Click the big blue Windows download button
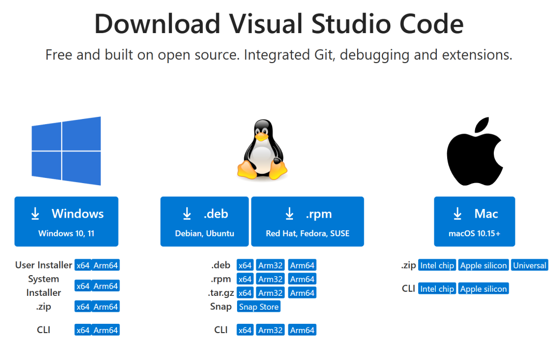pyautogui.click(x=66, y=221)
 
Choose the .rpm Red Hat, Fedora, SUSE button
pyautogui.click(x=307, y=221)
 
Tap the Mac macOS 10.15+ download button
pyautogui.click(x=475, y=221)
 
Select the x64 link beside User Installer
pyautogui.click(x=83, y=265)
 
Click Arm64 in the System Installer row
pyautogui.click(x=106, y=286)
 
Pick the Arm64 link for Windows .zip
pyautogui.click(x=106, y=307)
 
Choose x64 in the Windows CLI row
pyautogui.click(x=83, y=330)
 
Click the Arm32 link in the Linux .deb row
pyautogui.click(x=270, y=265)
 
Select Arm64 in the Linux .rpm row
pyautogui.click(x=302, y=279)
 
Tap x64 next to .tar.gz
pyautogui.click(x=245, y=293)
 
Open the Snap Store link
pyautogui.click(x=259, y=307)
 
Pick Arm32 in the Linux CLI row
pyautogui.click(x=270, y=330)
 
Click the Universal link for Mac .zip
pyautogui.click(x=529, y=265)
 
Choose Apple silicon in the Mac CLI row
pyautogui.click(x=483, y=289)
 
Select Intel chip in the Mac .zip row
pyautogui.click(x=437, y=265)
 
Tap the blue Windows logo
pyautogui.click(x=66, y=151)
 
